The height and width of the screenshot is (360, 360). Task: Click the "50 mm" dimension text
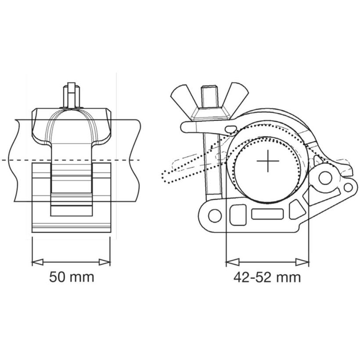(71, 277)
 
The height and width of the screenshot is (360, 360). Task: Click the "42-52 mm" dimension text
(267, 277)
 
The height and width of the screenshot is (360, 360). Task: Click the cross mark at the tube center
(268, 162)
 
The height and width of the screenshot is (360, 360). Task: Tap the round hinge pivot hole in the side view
(325, 178)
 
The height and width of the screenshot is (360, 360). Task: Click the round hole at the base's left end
(214, 216)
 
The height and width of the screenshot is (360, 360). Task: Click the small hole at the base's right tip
(348, 188)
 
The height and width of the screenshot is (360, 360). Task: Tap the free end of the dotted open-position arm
(167, 176)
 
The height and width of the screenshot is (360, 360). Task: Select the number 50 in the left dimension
(58, 277)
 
